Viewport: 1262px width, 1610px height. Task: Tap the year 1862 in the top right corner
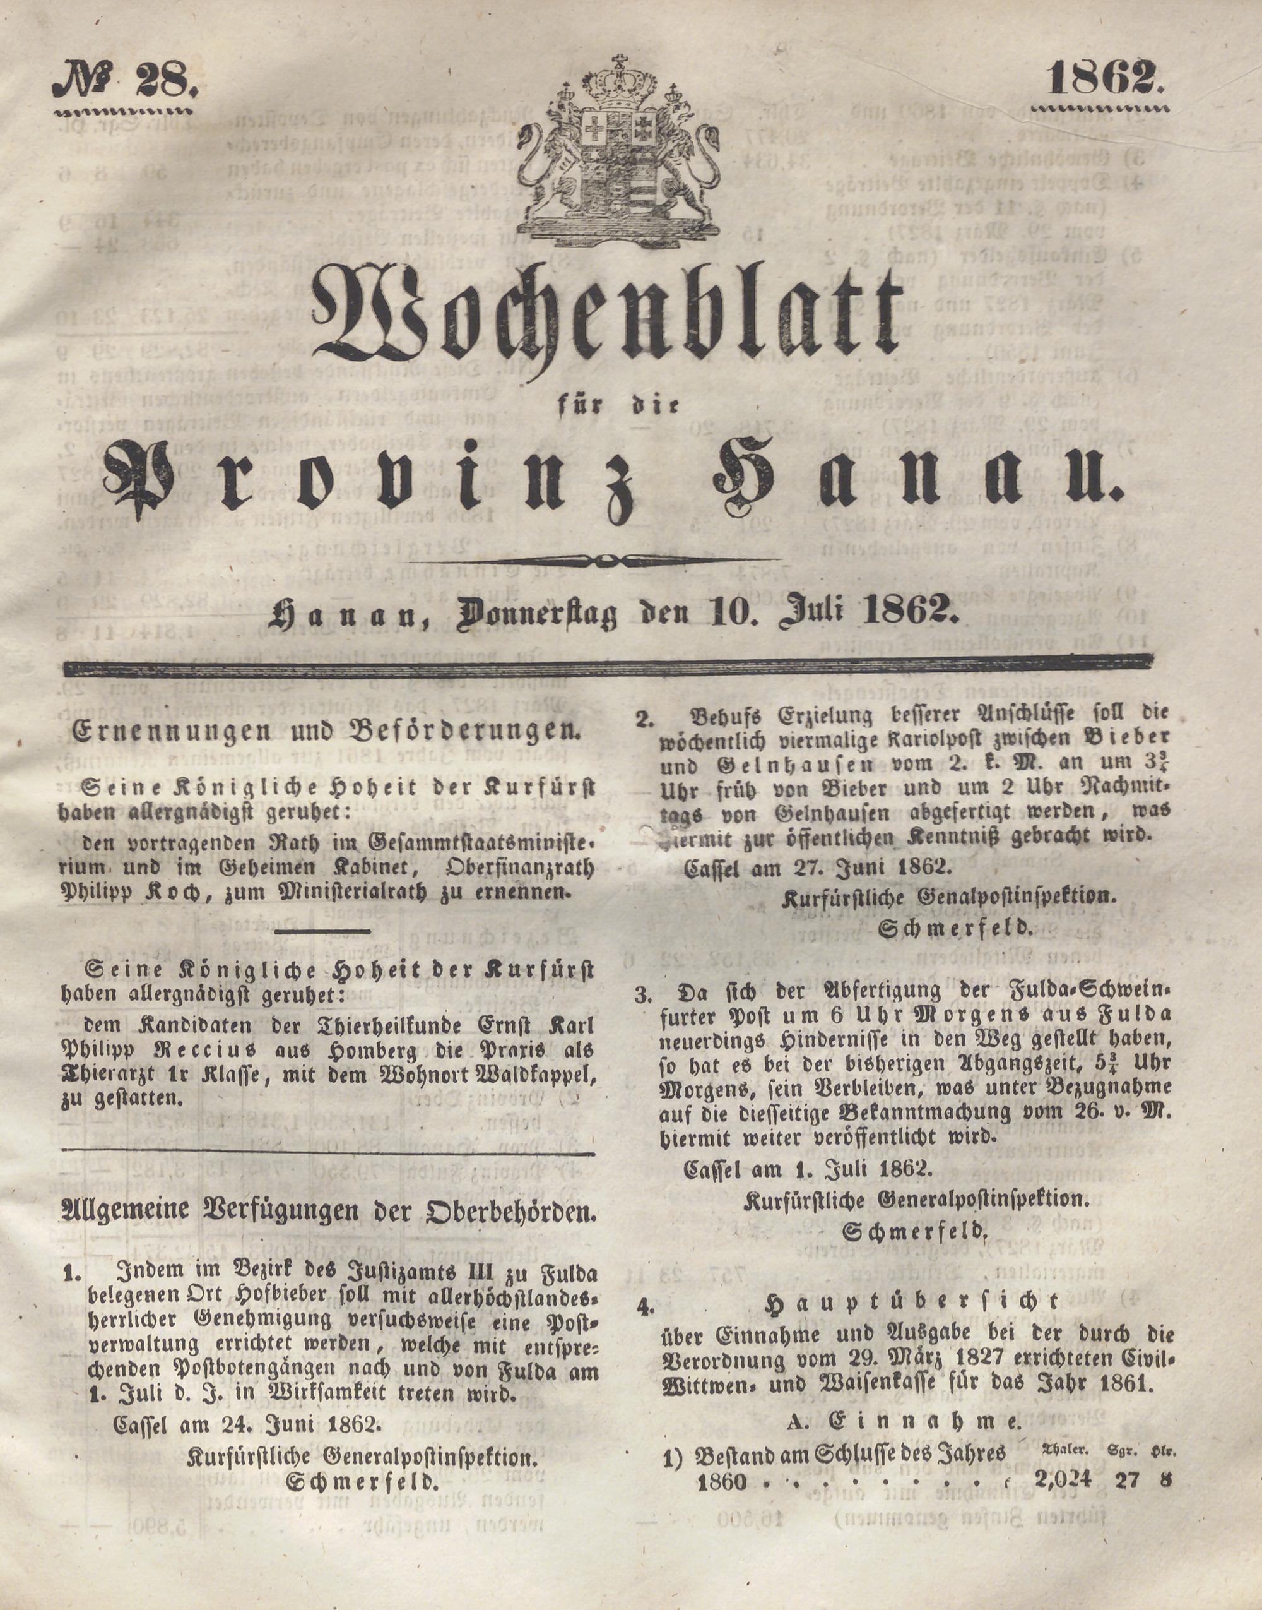(1106, 78)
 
